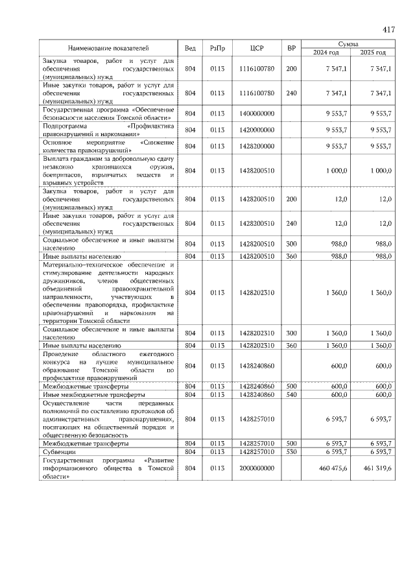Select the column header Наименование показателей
tap(109, 48)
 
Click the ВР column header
tap(292, 48)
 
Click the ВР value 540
tap(292, 394)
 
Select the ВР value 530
tap(292, 451)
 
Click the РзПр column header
tap(217, 48)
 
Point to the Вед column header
tap(190, 48)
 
